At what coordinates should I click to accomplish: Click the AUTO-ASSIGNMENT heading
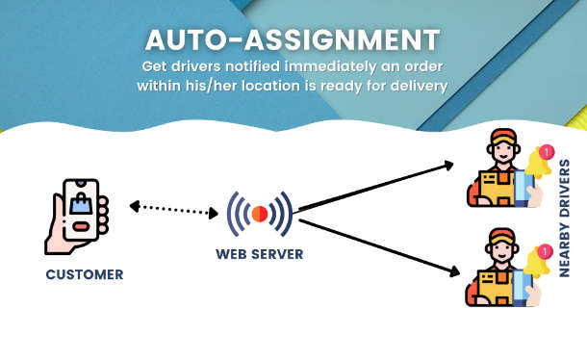(x=293, y=39)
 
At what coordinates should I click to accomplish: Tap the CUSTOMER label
(x=85, y=274)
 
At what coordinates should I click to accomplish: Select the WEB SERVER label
(x=260, y=254)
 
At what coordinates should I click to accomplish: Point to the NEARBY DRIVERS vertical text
(x=564, y=219)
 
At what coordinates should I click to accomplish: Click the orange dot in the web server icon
(x=260, y=214)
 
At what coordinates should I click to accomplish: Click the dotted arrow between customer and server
(x=174, y=210)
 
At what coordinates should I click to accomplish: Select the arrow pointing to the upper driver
(x=375, y=187)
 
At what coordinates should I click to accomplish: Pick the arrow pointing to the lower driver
(x=379, y=247)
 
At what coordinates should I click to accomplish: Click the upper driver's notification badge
(x=547, y=152)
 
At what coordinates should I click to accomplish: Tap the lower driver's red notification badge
(x=545, y=251)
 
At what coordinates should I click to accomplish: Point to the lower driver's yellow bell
(x=536, y=263)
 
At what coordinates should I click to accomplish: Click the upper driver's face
(x=503, y=151)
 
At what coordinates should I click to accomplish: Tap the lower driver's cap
(x=502, y=237)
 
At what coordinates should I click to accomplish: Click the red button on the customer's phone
(x=81, y=227)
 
